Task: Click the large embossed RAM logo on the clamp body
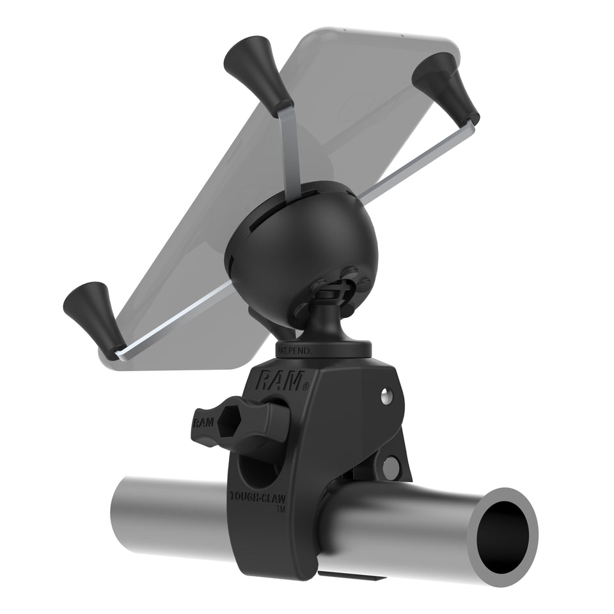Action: click(279, 382)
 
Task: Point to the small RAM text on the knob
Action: click(203, 422)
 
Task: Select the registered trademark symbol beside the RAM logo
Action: click(306, 386)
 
